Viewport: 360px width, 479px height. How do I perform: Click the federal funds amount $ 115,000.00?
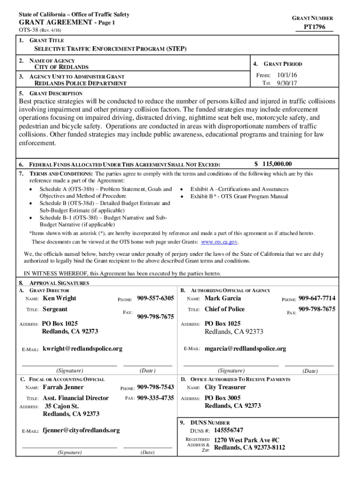point(273,164)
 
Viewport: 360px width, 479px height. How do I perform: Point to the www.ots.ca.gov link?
point(220,242)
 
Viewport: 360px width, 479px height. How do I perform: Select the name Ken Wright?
point(59,298)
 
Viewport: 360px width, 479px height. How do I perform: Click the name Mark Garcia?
point(223,298)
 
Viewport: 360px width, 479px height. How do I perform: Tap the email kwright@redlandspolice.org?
point(82,348)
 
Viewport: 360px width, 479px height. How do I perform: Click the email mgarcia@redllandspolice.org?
point(245,348)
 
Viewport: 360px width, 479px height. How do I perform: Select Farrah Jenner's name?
point(63,387)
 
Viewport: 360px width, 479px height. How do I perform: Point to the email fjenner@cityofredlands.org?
point(81,430)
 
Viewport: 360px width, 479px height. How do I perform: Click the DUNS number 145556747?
point(229,430)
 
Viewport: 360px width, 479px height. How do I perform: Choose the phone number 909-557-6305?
point(155,298)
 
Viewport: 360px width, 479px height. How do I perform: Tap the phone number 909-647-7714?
point(317,298)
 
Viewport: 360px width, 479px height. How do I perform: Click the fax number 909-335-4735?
point(155,398)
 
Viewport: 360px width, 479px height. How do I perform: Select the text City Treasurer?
point(225,387)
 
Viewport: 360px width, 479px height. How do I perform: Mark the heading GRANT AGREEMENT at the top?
point(56,22)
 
